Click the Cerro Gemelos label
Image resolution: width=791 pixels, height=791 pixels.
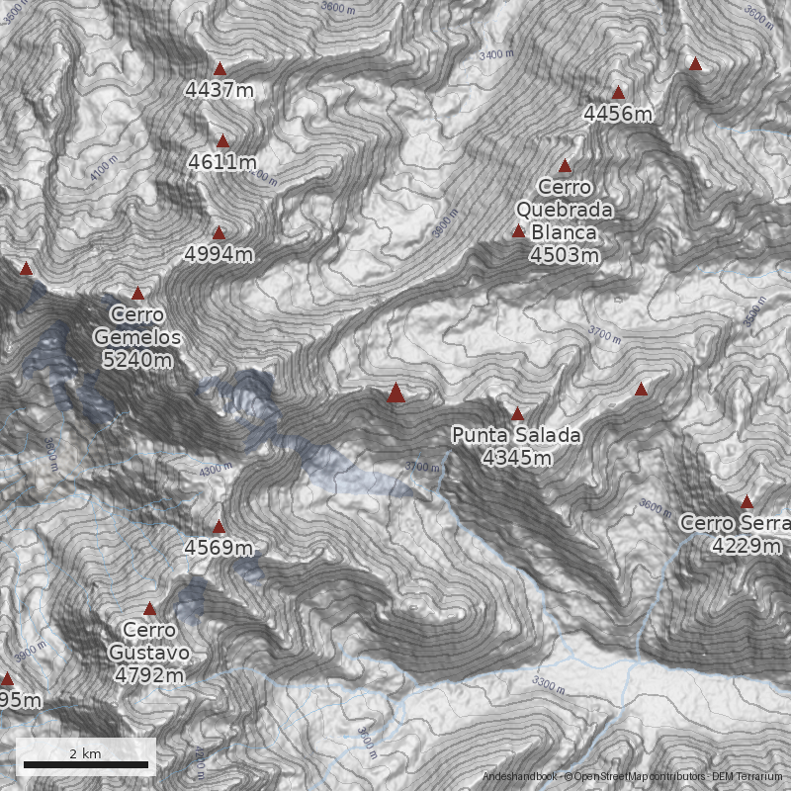pyautogui.click(x=137, y=326)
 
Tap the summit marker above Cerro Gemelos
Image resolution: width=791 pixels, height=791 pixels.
pyautogui.click(x=137, y=294)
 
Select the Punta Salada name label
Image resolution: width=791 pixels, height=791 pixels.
pyautogui.click(x=516, y=435)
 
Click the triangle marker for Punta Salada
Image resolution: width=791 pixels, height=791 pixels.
pyautogui.click(x=517, y=414)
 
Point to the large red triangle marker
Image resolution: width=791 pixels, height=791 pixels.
pyautogui.click(x=396, y=394)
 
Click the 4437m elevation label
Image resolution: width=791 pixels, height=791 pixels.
pyautogui.click(x=220, y=90)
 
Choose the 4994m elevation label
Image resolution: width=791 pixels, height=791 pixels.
pyautogui.click(x=220, y=254)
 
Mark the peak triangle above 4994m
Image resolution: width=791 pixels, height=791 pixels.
pyautogui.click(x=220, y=233)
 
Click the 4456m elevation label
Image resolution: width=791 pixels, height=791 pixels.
pyautogui.click(x=618, y=114)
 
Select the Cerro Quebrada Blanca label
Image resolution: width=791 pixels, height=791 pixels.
pyautogui.click(x=565, y=210)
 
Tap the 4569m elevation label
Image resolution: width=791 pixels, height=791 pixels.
pyautogui.click(x=219, y=548)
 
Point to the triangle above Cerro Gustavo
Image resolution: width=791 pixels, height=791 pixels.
pyautogui.click(x=150, y=609)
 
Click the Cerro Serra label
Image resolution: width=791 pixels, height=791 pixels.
pyautogui.click(x=736, y=523)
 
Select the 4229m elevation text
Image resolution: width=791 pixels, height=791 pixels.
pyautogui.click(x=747, y=546)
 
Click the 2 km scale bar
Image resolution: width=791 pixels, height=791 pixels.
pyautogui.click(x=85, y=764)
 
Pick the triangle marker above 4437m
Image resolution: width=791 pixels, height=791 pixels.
pyautogui.click(x=220, y=69)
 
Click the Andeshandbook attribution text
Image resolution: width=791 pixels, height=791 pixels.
pyautogui.click(x=520, y=777)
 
